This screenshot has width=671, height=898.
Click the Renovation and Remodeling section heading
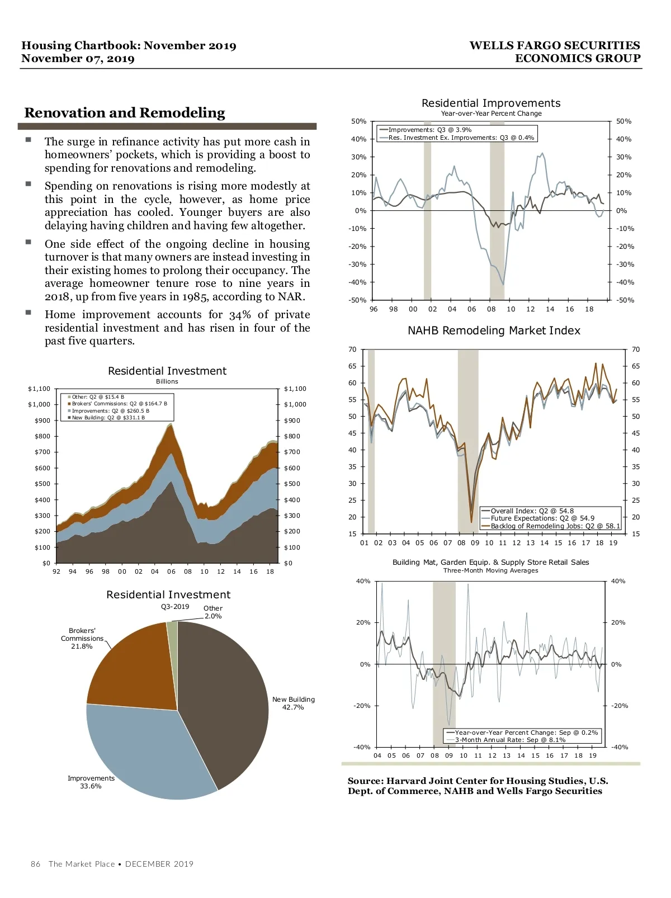pyautogui.click(x=125, y=113)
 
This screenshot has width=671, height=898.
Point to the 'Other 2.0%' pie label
pyautogui.click(x=212, y=612)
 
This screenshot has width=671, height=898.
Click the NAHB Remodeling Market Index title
pyautogui.click(x=494, y=330)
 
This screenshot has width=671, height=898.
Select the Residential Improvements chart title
pyautogui.click(x=490, y=103)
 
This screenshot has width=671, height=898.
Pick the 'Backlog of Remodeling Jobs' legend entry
pyautogui.click(x=555, y=526)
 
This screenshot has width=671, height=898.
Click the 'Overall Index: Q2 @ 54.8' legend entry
pyautogui.click(x=532, y=511)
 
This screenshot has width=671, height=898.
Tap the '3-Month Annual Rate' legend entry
pyautogui.click(x=510, y=740)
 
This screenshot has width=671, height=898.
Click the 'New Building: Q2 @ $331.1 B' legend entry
pyautogui.click(x=108, y=418)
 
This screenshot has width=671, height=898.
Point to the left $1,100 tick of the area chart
pyautogui.click(x=39, y=389)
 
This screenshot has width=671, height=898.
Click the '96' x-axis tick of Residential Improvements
pyautogui.click(x=374, y=309)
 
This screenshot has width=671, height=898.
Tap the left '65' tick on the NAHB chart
pyautogui.click(x=352, y=366)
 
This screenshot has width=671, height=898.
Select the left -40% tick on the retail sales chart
pyautogui.click(x=362, y=747)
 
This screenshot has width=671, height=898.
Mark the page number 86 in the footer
pyautogui.click(x=35, y=864)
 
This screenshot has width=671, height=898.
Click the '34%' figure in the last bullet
pyautogui.click(x=239, y=315)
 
